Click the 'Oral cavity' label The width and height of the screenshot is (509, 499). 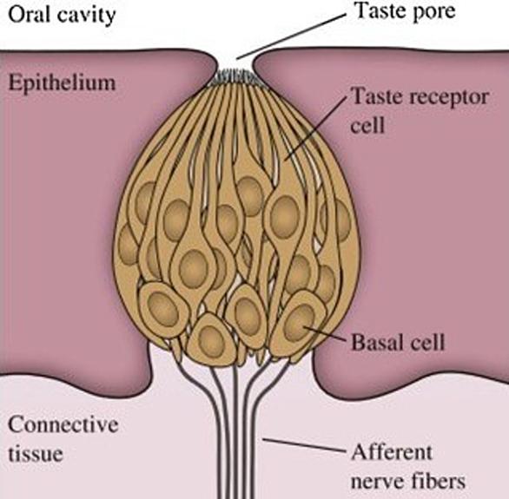62,15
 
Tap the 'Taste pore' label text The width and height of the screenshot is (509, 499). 405,11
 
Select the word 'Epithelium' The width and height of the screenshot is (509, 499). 62,82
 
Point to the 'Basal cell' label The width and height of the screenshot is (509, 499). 398,343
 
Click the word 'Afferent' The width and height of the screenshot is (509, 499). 392,452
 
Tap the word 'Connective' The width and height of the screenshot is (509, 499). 63,424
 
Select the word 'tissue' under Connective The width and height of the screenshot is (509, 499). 36,453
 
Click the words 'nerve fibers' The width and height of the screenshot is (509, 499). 408,482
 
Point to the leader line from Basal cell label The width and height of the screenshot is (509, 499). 324,333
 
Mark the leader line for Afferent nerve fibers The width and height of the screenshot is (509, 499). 303,445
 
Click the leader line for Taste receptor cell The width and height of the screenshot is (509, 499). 314,128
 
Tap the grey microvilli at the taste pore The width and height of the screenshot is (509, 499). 235,77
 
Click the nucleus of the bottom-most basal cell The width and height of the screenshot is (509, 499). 212,341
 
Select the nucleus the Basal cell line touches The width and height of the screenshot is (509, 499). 300,323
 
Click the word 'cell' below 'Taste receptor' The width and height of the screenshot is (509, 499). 367,125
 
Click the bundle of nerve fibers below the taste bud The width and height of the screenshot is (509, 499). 235,428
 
